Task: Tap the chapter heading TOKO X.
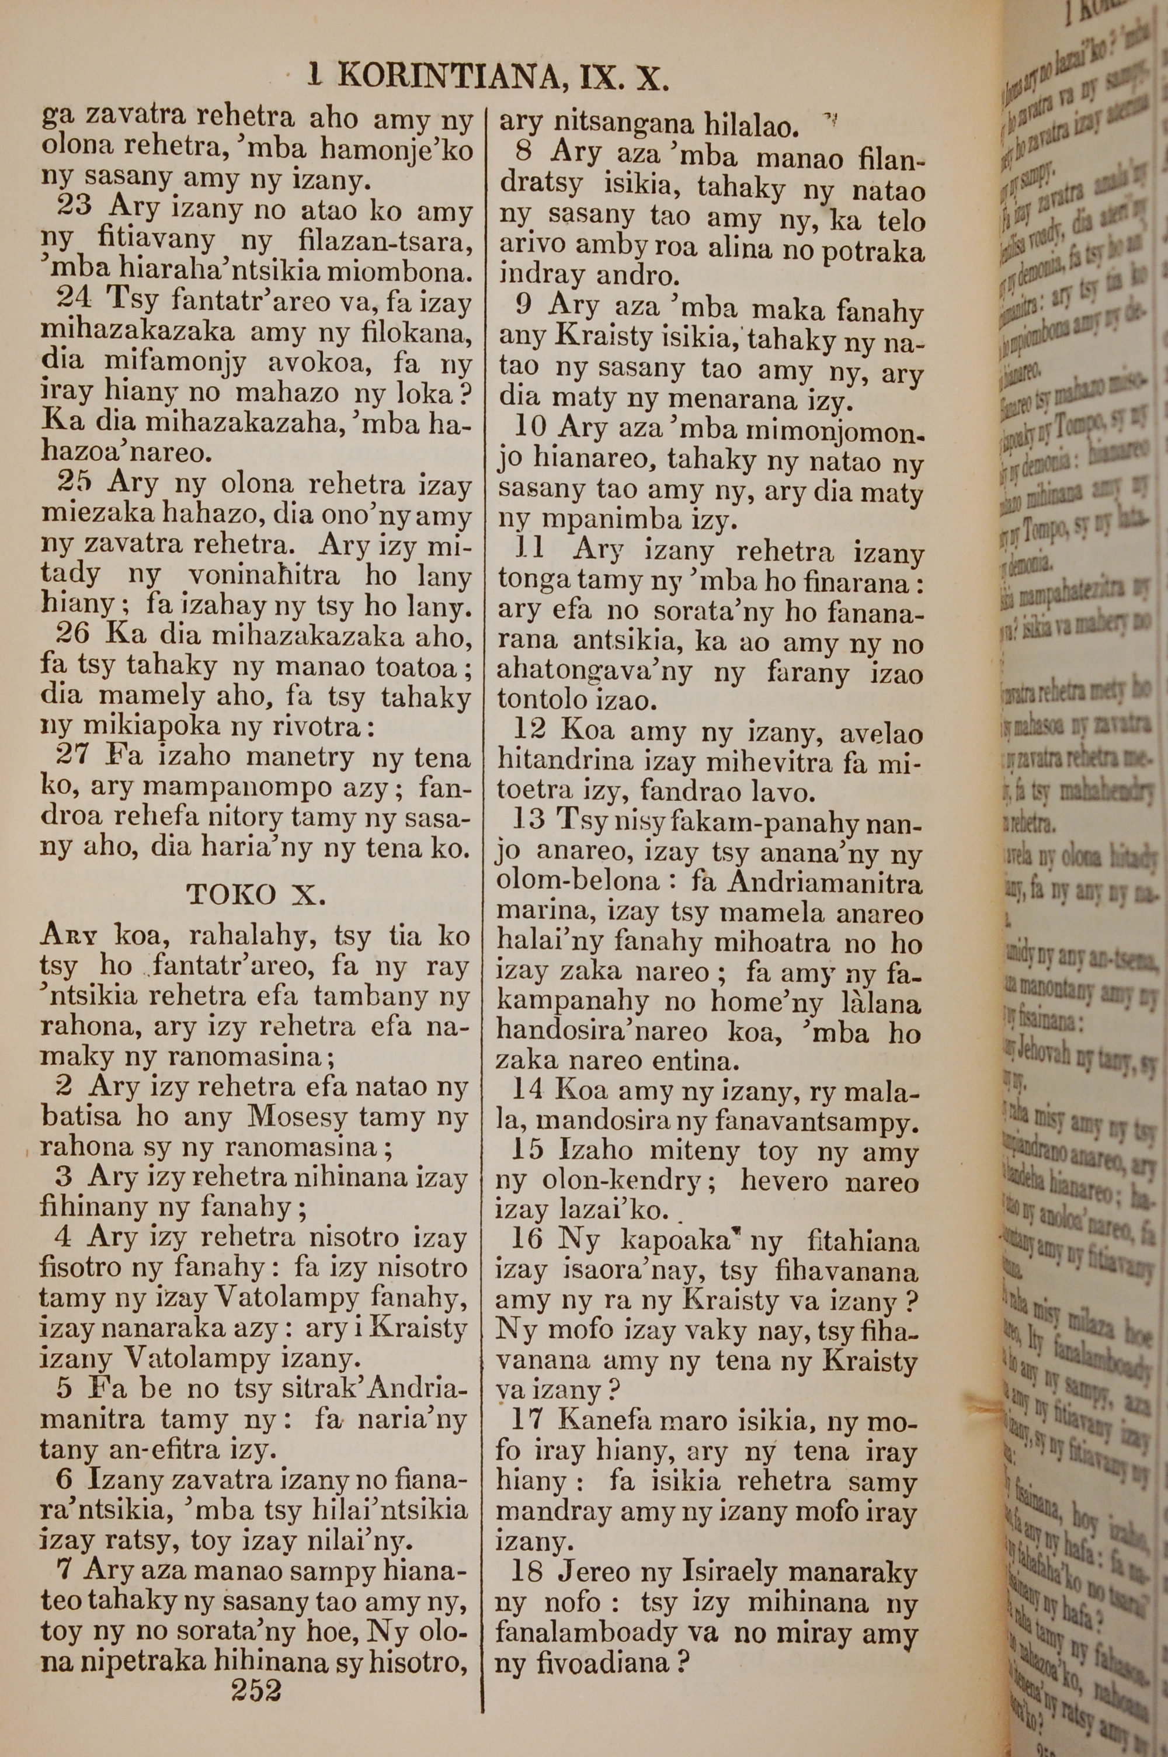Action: pyautogui.click(x=256, y=894)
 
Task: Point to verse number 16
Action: pyautogui.click(x=529, y=1241)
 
